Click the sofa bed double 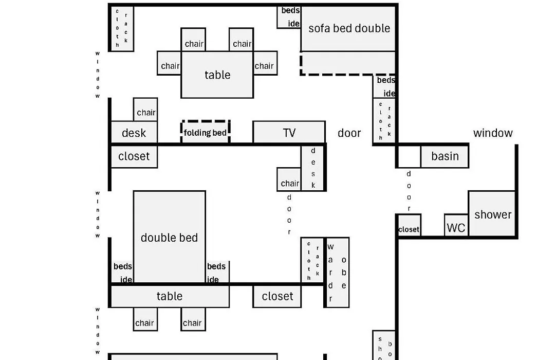(x=349, y=29)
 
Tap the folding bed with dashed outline (x=205, y=132)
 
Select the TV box (x=289, y=133)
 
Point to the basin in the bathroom (x=445, y=156)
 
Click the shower (x=492, y=214)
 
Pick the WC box (x=456, y=227)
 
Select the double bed (x=169, y=237)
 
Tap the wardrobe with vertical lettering (x=337, y=272)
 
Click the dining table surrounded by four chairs (x=217, y=75)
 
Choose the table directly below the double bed (x=169, y=296)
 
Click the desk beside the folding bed (x=134, y=133)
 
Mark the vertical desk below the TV (x=313, y=168)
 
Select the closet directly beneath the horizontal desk (x=134, y=156)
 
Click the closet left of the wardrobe (x=277, y=296)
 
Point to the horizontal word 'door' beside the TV (x=349, y=133)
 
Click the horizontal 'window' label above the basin (x=493, y=133)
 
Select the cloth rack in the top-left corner (x=122, y=28)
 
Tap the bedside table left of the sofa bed (x=289, y=17)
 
